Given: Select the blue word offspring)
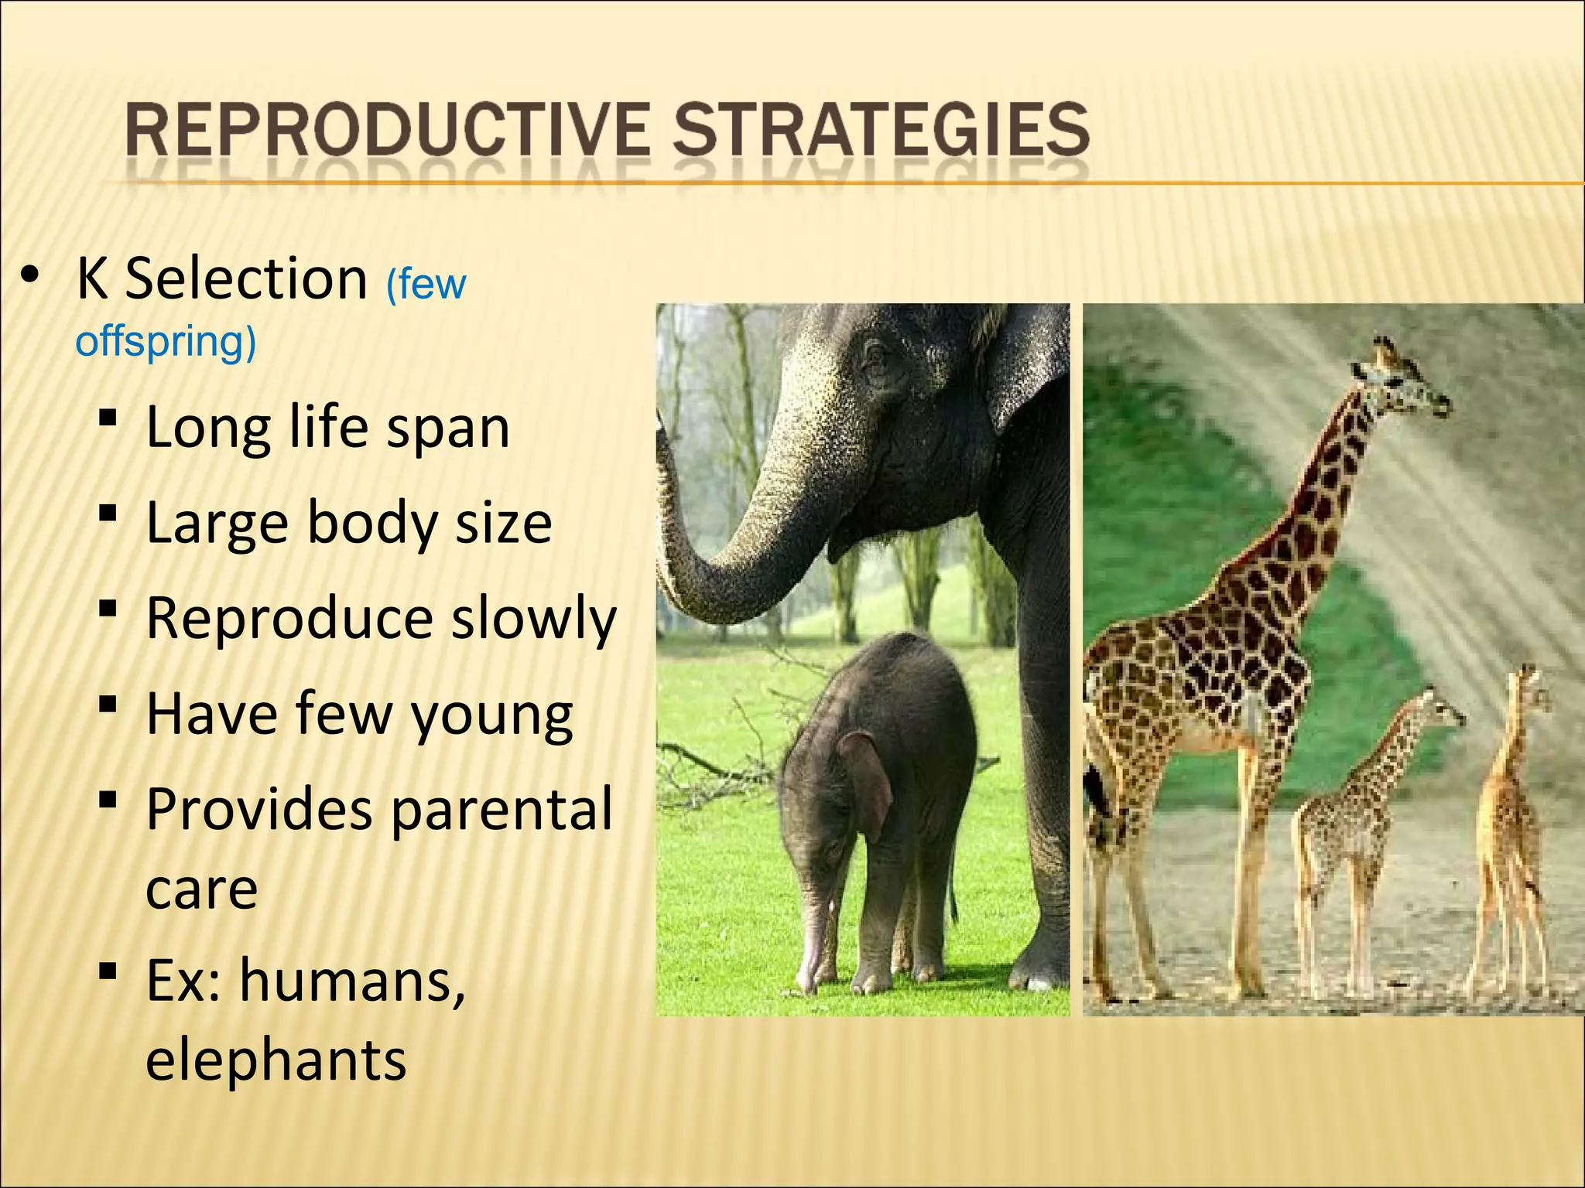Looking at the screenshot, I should [x=165, y=340].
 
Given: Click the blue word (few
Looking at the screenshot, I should [x=426, y=284].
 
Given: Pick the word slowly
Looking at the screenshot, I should [x=534, y=619].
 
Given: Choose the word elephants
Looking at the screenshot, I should [x=276, y=1059].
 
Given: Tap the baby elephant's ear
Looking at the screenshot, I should [x=867, y=781].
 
